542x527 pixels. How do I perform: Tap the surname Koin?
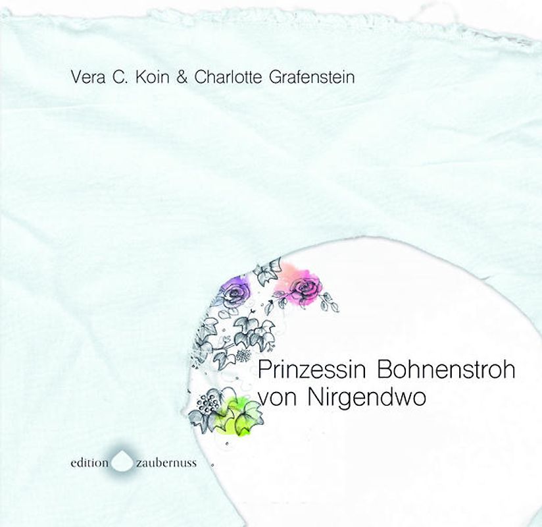149,78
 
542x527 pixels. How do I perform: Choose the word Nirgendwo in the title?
358,398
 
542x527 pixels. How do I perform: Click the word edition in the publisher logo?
89,462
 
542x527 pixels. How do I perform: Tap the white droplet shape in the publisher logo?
122,461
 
